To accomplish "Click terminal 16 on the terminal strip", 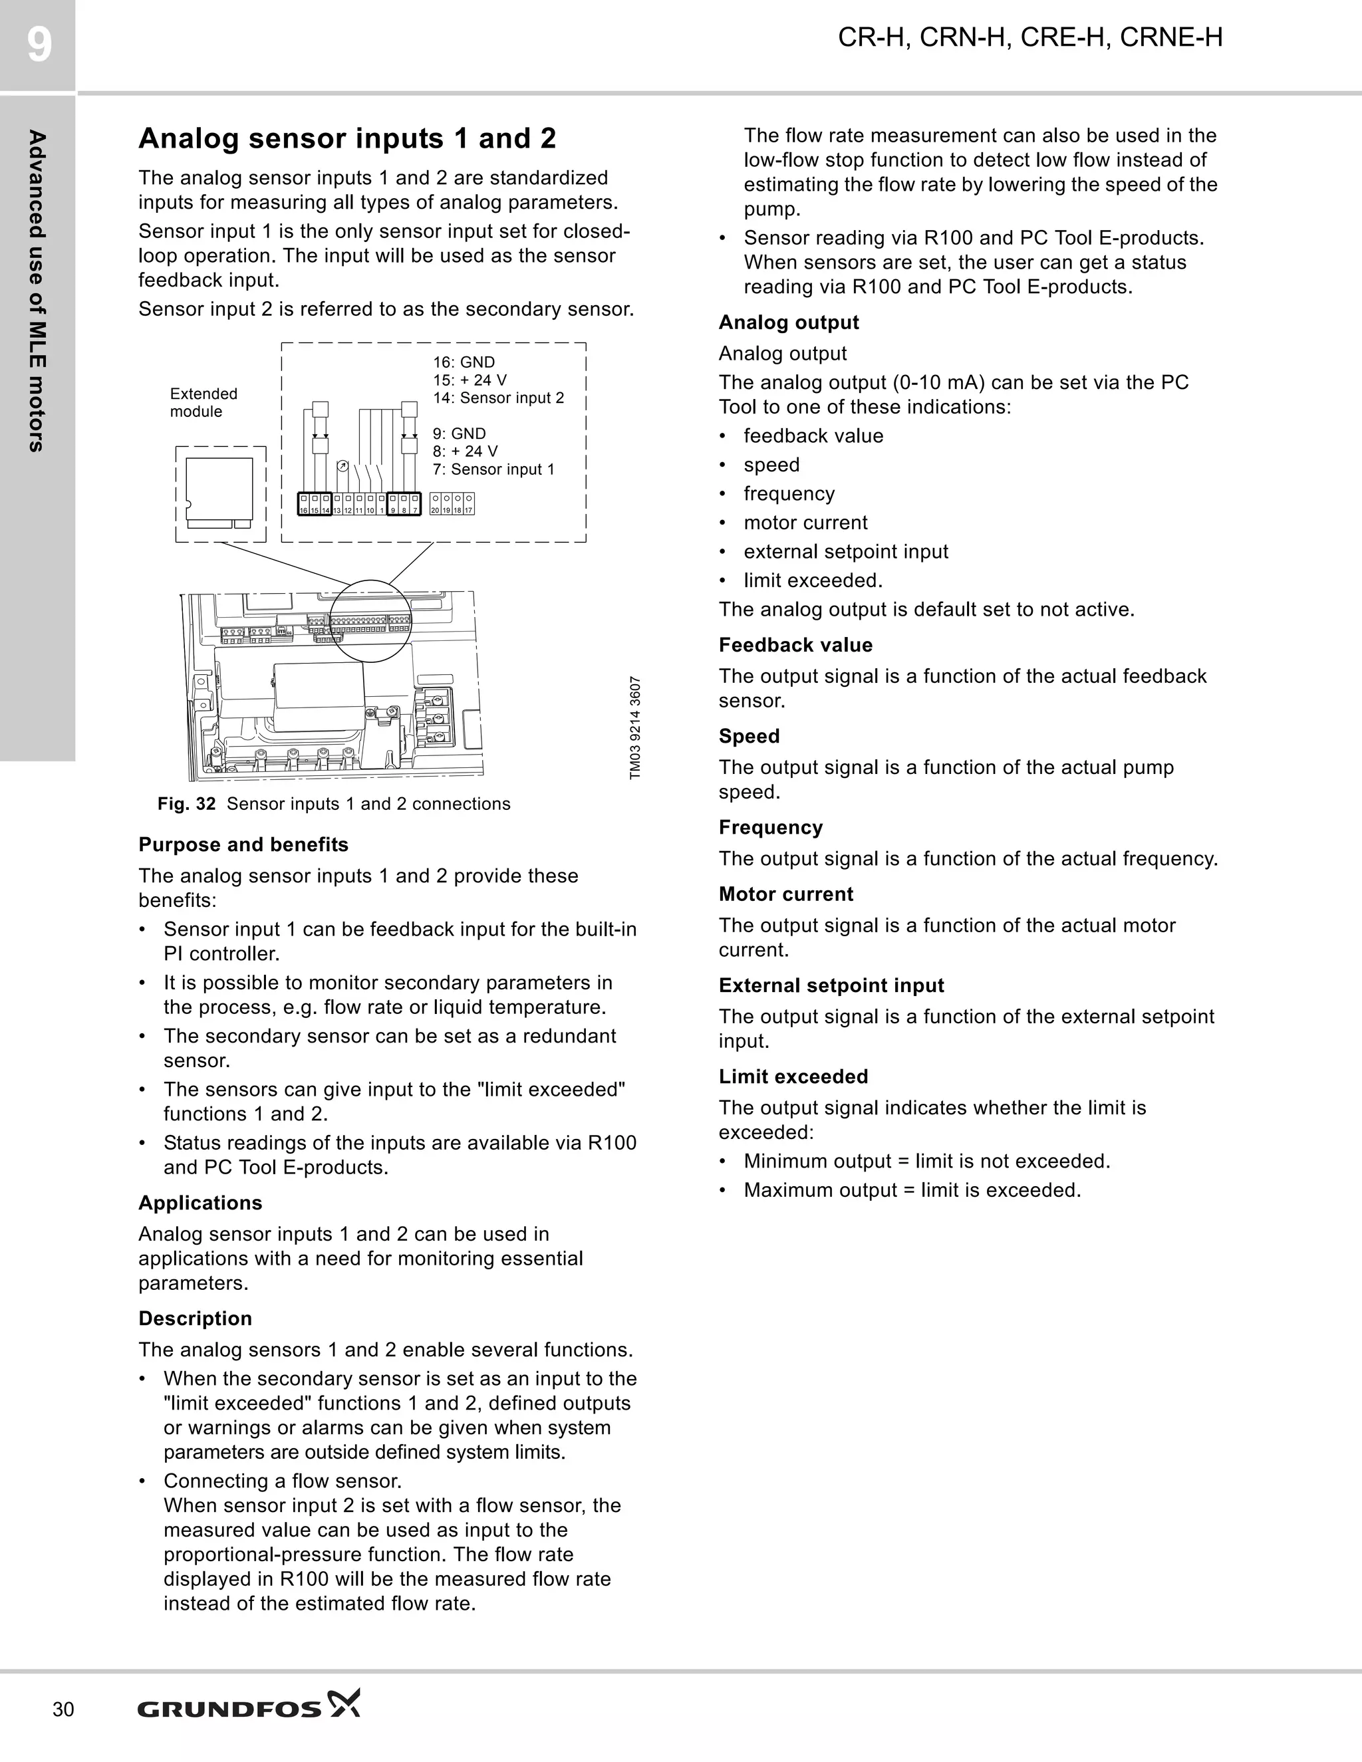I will (304, 504).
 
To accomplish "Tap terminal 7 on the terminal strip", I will (416, 504).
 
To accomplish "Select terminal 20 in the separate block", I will (436, 504).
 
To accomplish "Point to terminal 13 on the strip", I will (337, 504).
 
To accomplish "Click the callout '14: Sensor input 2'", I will (498, 398).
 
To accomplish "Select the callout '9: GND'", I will (459, 434).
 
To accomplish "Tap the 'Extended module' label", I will (204, 402).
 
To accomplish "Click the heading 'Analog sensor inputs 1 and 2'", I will (347, 139).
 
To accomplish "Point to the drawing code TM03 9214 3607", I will (635, 727).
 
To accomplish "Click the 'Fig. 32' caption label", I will (186, 804).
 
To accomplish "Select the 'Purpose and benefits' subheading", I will (243, 844).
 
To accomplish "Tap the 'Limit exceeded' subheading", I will (793, 1076).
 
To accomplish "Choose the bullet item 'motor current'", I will (805, 523).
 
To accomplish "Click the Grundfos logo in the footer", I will (249, 1709).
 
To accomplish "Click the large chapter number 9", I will (38, 45).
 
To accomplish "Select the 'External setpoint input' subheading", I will (831, 985).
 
